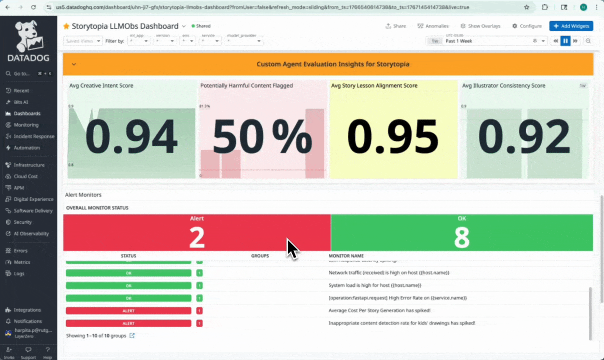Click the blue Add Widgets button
coord(571,26)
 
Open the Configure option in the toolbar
coord(527,26)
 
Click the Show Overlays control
coord(480,26)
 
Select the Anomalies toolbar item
coord(433,26)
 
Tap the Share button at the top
coord(395,26)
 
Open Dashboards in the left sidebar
coord(27,113)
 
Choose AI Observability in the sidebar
coord(31,233)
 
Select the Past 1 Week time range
coord(458,41)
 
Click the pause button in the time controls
coord(565,41)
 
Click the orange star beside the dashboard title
coord(66,26)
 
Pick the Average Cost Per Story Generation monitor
coord(379,310)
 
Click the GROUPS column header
coord(260,256)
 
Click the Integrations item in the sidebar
coord(27,310)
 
